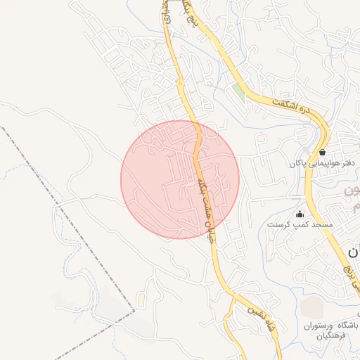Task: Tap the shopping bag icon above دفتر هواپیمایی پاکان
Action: tap(322, 152)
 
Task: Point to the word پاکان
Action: tap(295, 163)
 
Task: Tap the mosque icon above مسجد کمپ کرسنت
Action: tap(300, 214)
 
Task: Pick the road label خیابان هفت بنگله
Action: tap(206, 208)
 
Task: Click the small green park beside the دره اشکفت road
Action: tap(240, 92)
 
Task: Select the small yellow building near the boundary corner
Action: tap(141, 300)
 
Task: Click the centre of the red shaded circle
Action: tap(180, 179)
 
